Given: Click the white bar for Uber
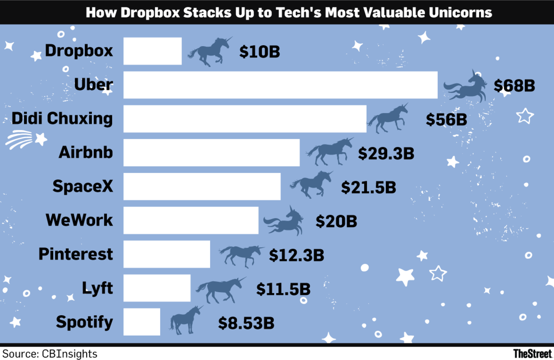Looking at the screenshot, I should (280, 85).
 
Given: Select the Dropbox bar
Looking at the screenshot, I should (152, 51).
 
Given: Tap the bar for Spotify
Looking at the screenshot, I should (142, 322).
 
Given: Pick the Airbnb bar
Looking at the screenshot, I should (211, 153).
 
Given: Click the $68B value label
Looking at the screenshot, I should (514, 85).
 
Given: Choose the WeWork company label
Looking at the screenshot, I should (79, 220).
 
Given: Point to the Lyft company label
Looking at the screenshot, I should (97, 288).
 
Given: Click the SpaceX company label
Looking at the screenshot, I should (82, 186).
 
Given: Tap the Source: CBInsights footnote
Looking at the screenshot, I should (49, 354).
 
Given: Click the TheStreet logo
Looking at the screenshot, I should (533, 354).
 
